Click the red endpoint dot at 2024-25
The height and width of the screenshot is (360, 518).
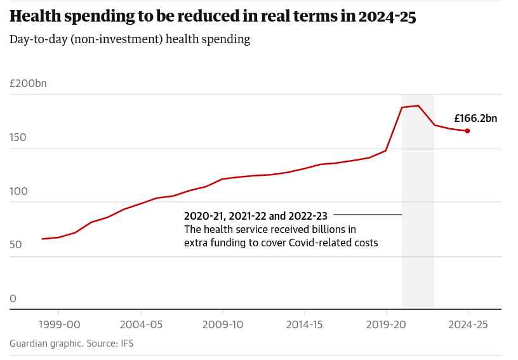pyautogui.click(x=467, y=131)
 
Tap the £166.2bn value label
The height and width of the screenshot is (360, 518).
pyautogui.click(x=475, y=118)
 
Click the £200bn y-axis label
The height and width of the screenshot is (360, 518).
pyautogui.click(x=28, y=84)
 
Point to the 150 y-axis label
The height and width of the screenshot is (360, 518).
pyautogui.click(x=18, y=137)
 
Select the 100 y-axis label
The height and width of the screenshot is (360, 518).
pyautogui.click(x=18, y=191)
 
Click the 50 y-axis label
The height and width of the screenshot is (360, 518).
pyautogui.click(x=16, y=245)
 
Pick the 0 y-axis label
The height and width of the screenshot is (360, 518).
pyautogui.click(x=13, y=298)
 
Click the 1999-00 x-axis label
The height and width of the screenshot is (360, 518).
pyautogui.click(x=59, y=324)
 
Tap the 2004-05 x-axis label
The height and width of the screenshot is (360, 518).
pyautogui.click(x=141, y=324)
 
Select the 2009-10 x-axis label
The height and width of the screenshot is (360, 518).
pyautogui.click(x=223, y=324)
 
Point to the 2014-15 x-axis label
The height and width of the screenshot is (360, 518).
pyautogui.click(x=304, y=324)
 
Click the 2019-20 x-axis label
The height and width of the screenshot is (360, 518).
pyautogui.click(x=386, y=324)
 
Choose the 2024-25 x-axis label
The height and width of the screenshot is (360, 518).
pyautogui.click(x=468, y=324)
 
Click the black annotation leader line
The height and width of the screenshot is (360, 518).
pyautogui.click(x=368, y=215)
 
